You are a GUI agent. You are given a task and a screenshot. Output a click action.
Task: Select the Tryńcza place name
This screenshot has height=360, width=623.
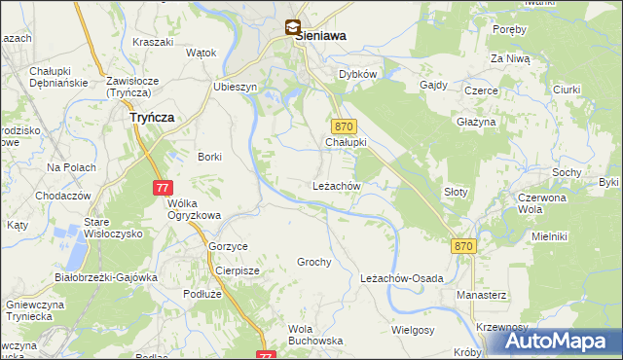(151, 116)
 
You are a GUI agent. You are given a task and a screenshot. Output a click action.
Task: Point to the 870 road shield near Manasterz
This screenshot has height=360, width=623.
(463, 247)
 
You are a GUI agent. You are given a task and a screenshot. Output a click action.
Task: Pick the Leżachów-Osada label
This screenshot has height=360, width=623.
(401, 278)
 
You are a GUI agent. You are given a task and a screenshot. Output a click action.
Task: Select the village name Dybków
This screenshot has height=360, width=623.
(357, 74)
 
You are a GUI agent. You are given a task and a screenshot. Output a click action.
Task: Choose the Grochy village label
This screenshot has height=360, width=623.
(314, 263)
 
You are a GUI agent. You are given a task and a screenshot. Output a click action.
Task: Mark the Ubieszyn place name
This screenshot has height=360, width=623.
(235, 86)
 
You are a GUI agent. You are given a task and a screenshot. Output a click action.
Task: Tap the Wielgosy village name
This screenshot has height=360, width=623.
(412, 330)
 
